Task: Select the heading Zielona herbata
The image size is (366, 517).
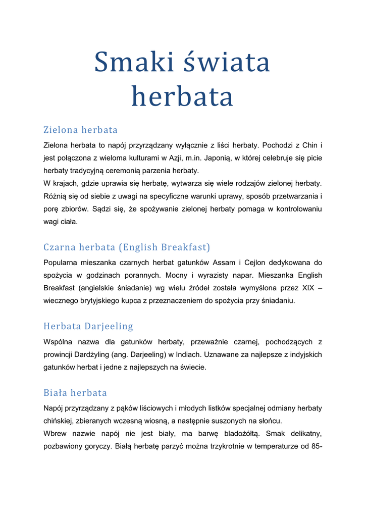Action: [x=80, y=130]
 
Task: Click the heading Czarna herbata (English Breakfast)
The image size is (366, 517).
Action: [x=127, y=247]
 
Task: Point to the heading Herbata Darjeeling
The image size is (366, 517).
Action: [x=88, y=326]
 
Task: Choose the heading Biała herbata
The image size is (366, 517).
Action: [x=75, y=393]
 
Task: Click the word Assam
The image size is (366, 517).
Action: [x=224, y=263]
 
